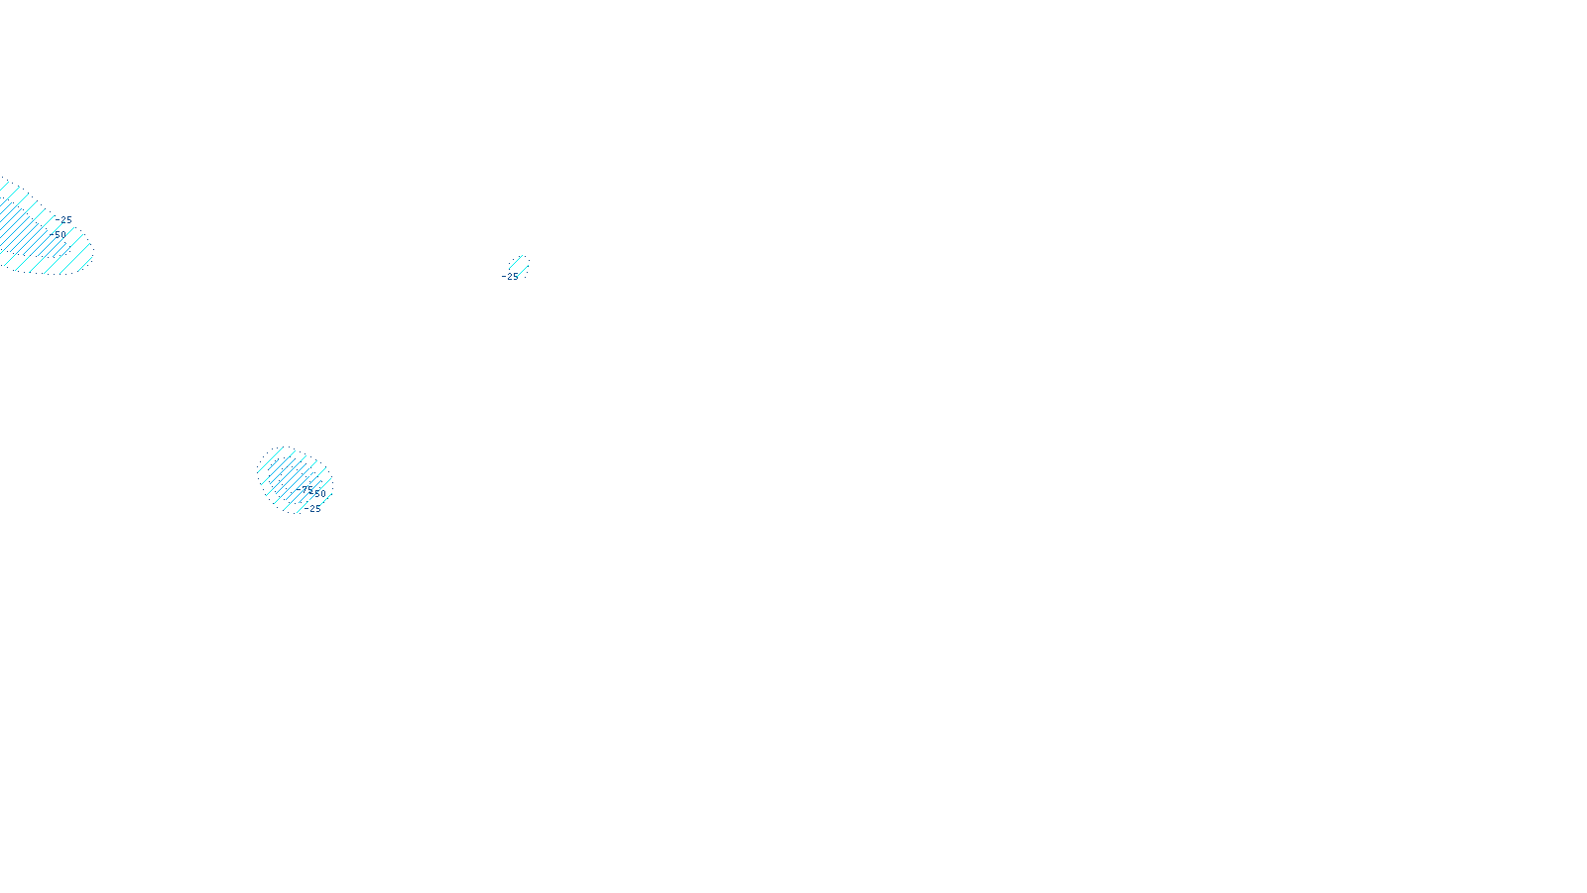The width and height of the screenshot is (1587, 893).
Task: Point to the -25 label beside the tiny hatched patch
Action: coord(511,277)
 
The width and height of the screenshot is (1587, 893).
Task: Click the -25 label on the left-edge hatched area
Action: coord(64,220)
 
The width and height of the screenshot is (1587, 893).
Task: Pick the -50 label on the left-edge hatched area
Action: coord(58,235)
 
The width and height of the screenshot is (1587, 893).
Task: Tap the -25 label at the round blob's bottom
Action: coord(313,509)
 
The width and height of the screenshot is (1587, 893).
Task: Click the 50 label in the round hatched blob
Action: coord(318,493)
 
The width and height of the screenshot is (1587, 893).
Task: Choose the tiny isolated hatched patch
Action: coord(519,266)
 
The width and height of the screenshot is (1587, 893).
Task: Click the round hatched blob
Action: coord(288,476)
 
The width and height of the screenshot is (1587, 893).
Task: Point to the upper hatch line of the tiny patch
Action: coord(516,262)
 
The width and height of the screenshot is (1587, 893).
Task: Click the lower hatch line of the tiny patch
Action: coord(523,270)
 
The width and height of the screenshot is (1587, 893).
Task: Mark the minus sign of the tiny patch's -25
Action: coord(504,277)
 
